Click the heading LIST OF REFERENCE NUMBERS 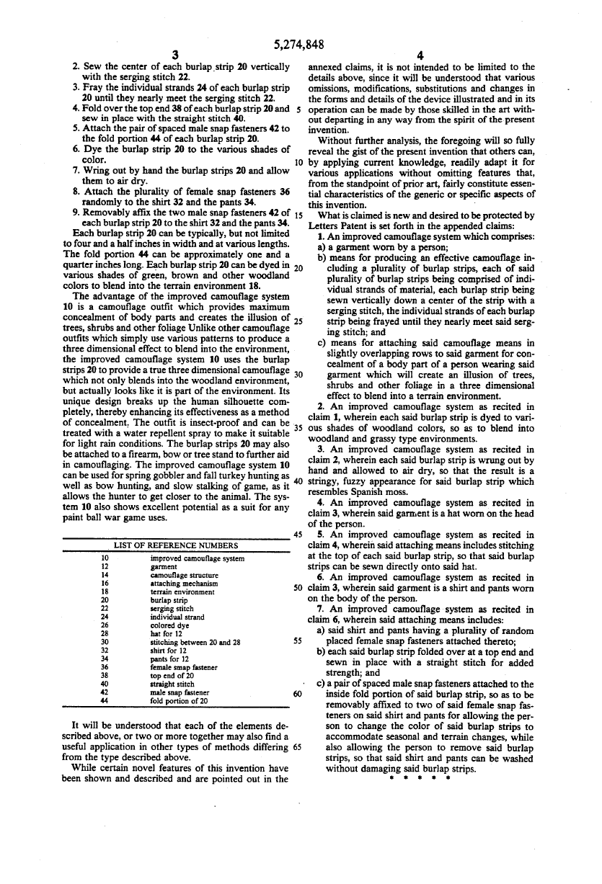point(176,545)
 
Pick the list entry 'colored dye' point(169,625)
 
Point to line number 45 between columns point(297,534)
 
